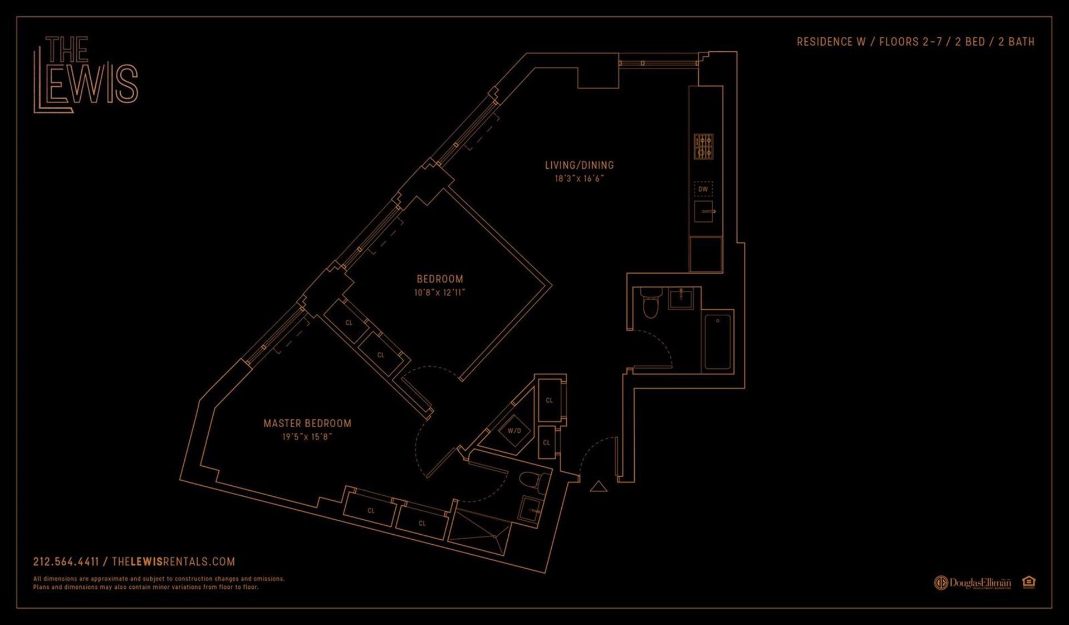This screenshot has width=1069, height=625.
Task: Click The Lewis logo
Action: (86, 74)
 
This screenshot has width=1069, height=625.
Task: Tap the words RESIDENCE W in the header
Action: (831, 42)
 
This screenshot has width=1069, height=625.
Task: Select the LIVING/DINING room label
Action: (579, 165)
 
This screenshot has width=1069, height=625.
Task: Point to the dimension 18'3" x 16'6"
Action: (579, 179)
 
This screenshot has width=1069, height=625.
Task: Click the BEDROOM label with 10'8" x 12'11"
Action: (440, 279)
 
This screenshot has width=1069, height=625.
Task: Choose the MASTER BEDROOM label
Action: (307, 423)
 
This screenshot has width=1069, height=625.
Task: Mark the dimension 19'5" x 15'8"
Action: (307, 437)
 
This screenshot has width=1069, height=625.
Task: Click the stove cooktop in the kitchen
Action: (703, 147)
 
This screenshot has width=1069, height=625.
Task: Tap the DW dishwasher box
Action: (703, 189)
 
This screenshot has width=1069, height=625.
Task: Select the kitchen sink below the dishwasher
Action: (704, 212)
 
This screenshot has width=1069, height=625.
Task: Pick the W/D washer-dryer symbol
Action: (514, 431)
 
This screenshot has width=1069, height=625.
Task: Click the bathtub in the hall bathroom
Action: (718, 341)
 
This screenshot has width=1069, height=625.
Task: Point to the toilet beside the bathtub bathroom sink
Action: (650, 304)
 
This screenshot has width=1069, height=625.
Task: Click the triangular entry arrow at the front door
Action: (599, 487)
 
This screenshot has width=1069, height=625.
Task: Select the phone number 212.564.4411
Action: (66, 561)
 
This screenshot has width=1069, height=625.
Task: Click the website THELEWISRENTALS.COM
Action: (173, 561)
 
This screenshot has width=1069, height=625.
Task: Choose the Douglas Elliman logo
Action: (972, 583)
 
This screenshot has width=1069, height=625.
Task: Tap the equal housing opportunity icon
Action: (1028, 582)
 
